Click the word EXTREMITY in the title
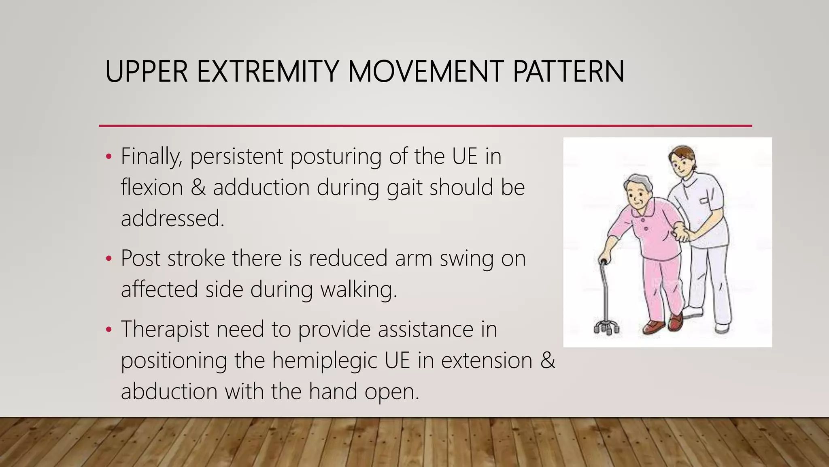point(267,72)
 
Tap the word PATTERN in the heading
point(568,72)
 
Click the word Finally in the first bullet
point(151,156)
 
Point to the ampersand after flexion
point(198,188)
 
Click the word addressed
point(172,219)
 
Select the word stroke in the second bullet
point(196,258)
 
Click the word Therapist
point(165,329)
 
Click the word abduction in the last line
point(169,392)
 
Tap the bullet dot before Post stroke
point(108,259)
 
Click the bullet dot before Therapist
point(108,330)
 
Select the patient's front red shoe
point(653,327)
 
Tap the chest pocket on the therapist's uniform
point(704,201)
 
